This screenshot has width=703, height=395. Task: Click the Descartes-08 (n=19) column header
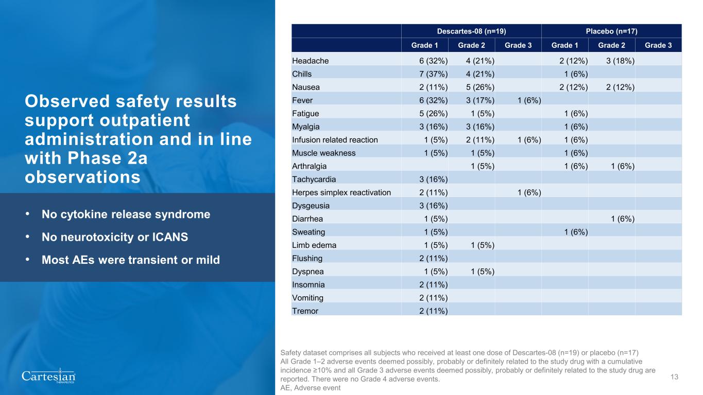(x=471, y=31)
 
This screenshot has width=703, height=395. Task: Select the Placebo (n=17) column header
(x=611, y=31)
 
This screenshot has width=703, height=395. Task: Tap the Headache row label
(x=310, y=61)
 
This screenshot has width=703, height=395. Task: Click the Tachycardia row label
(x=315, y=179)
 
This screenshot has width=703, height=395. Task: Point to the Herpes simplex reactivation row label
(x=341, y=192)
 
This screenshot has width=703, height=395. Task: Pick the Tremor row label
(x=305, y=311)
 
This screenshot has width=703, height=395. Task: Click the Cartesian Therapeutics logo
(x=48, y=376)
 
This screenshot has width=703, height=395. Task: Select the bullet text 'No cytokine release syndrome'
(x=126, y=214)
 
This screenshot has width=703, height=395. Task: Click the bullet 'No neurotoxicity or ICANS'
(x=115, y=238)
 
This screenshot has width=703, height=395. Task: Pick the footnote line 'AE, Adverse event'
(x=310, y=388)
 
